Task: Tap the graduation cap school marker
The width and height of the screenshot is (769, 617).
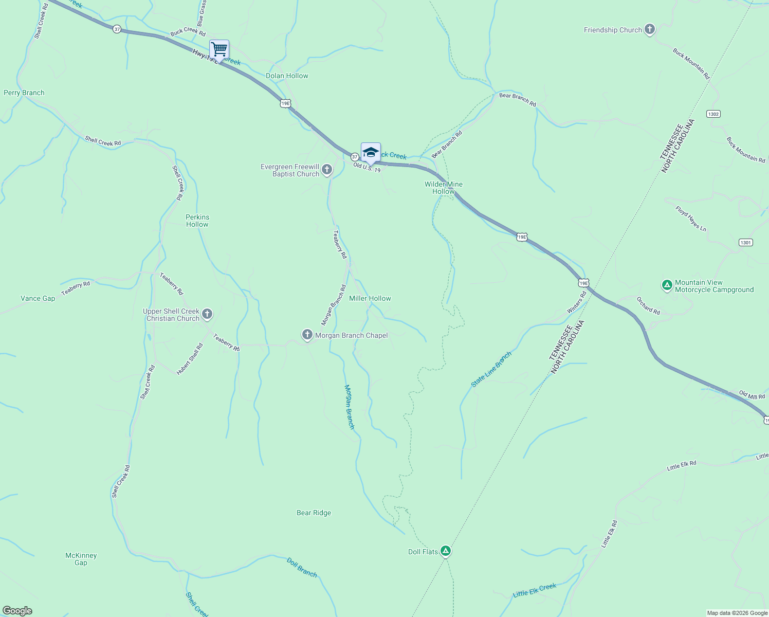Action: [x=371, y=153]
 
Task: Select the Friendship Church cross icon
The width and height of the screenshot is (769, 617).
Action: [x=650, y=30]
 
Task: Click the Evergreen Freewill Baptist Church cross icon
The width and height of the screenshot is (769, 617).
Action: [x=327, y=169]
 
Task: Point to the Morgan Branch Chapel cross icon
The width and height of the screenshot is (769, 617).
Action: [x=307, y=335]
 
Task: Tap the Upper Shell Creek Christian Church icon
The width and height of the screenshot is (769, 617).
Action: [x=207, y=314]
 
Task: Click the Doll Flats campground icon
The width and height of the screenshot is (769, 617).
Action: [x=446, y=551]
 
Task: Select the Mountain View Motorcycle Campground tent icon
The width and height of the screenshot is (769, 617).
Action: [x=667, y=285]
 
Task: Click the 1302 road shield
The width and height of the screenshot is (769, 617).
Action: [x=713, y=114]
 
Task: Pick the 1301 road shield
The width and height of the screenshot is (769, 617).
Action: [x=745, y=242]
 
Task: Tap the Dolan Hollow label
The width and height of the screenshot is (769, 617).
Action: [x=287, y=76]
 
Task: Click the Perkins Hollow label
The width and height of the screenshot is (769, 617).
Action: [x=197, y=221]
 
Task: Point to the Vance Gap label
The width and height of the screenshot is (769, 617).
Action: [x=38, y=298]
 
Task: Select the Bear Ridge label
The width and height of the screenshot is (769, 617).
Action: [x=314, y=513]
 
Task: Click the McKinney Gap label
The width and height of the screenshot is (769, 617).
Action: [x=81, y=559]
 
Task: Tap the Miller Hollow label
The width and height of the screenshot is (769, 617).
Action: [x=370, y=298]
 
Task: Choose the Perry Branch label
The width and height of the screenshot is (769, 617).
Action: [x=24, y=93]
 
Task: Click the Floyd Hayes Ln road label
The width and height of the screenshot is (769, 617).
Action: [x=691, y=218]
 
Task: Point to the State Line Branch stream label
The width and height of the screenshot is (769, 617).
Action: [x=491, y=369]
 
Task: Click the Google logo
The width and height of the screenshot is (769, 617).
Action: [x=17, y=610]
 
